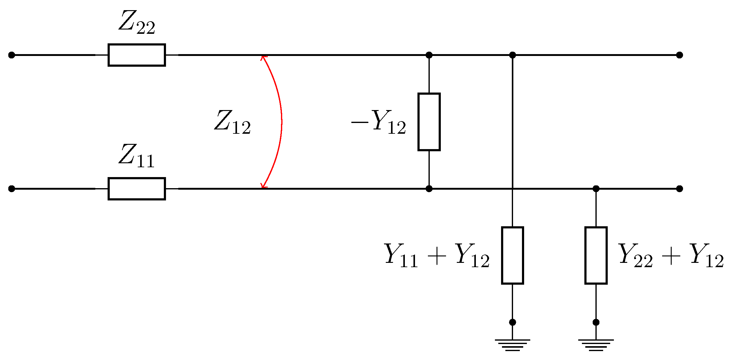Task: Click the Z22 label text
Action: (137, 22)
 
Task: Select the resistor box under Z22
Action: (137, 55)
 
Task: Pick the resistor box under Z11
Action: (137, 189)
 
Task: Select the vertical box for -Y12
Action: (429, 122)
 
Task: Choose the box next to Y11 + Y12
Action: (512, 255)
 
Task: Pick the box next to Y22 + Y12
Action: (596, 255)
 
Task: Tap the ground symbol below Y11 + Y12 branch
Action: (512, 345)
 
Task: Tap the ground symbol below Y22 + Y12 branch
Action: (596, 345)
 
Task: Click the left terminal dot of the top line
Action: (12, 55)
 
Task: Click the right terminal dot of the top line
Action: (680, 55)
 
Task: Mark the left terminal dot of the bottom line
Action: (12, 189)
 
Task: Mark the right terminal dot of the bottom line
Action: (680, 189)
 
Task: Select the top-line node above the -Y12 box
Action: (429, 55)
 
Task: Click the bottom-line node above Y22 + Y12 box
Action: (596, 189)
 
